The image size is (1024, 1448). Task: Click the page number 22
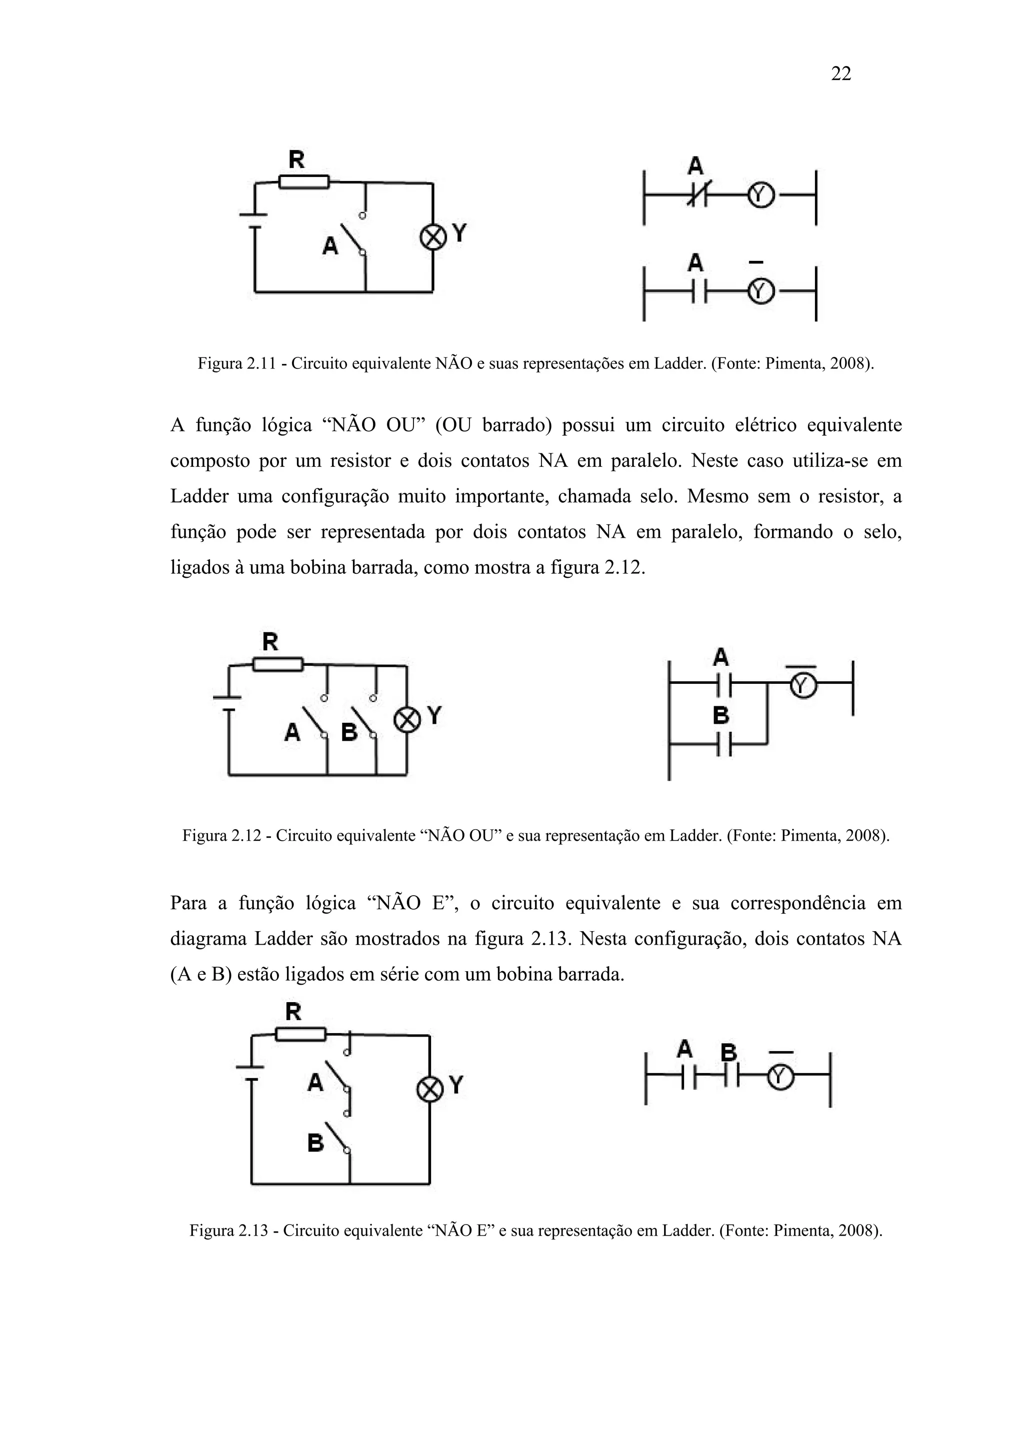(x=841, y=74)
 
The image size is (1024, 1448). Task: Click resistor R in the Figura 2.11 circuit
(x=303, y=181)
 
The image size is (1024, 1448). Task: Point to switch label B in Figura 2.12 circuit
(x=349, y=732)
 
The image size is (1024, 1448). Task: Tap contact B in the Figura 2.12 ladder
(x=723, y=744)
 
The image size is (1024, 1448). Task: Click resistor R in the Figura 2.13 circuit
(x=301, y=1034)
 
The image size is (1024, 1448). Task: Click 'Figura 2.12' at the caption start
(x=221, y=836)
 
